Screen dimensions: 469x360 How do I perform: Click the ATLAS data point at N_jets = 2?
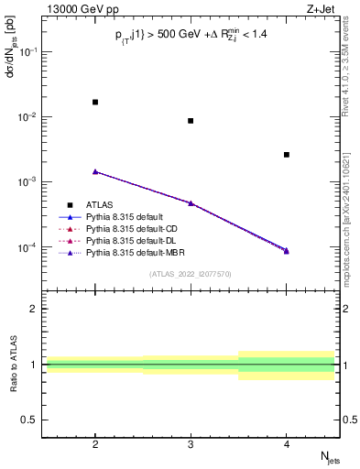[x=95, y=102]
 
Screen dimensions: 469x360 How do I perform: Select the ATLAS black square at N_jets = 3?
[x=191, y=121]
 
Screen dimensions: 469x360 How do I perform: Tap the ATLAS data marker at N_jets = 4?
[x=287, y=155]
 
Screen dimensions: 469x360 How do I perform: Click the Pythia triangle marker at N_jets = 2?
[x=95, y=171]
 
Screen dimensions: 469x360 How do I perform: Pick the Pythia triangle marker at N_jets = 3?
[x=191, y=202]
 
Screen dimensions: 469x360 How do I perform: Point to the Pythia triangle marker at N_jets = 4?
[x=287, y=250]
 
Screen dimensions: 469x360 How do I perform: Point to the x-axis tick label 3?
[x=191, y=443]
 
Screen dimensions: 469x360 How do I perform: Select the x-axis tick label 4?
[x=287, y=443]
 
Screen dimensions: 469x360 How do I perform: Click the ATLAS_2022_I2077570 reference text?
[x=191, y=274]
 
